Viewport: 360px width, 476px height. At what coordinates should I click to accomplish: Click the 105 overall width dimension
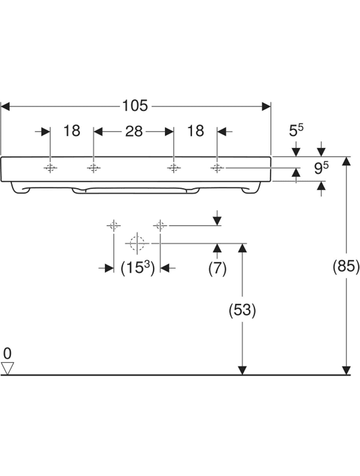pos(135,106)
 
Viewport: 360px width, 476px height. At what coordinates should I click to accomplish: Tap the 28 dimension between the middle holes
pos(134,131)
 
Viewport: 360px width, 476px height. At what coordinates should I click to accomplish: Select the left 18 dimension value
pos(72,131)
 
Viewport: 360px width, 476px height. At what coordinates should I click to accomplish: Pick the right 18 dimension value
pos(195,131)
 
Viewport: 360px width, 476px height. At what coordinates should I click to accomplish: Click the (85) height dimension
pos(346,266)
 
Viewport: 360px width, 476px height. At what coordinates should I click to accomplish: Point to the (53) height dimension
pos(242,310)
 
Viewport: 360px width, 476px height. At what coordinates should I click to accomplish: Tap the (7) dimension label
pos(217,268)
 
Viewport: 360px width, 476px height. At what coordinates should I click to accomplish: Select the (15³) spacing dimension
pos(138,268)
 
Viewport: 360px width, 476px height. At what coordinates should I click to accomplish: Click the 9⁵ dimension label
pos(321,168)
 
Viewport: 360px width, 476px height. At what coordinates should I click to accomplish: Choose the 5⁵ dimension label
pos(296,130)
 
